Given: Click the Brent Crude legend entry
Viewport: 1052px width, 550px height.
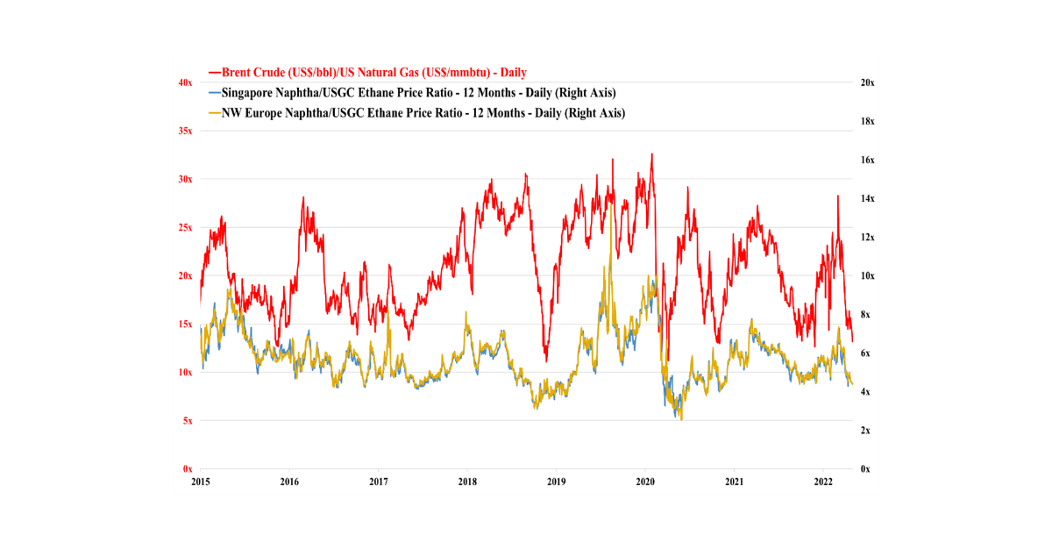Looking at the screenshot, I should [373, 72].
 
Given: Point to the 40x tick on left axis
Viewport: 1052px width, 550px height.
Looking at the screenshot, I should [185, 82].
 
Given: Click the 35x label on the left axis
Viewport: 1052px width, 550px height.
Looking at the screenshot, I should [185, 131].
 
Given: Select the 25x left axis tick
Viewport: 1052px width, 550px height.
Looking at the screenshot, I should [185, 227].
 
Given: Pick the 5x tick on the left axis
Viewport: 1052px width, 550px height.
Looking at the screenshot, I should [187, 420].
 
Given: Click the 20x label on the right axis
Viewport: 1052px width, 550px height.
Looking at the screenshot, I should [866, 82].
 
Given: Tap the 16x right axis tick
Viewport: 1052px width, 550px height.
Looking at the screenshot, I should [866, 160].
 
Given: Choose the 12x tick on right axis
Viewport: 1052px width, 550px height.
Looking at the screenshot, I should [866, 237].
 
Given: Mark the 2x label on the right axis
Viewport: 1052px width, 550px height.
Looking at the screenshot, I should [864, 430].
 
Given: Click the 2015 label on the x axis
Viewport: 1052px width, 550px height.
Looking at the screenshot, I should [200, 482].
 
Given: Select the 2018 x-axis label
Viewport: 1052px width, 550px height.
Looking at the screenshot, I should [467, 482].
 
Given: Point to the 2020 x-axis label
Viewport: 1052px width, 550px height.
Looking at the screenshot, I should [645, 482].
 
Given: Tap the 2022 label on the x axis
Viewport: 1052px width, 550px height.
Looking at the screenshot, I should [823, 482].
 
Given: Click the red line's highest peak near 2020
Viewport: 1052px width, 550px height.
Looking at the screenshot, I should [651, 154].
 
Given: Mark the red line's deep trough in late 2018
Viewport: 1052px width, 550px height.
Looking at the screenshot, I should [546, 360].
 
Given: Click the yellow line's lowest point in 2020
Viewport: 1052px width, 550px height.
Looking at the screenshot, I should [681, 419].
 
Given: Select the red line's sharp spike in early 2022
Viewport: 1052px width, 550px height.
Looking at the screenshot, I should [837, 196].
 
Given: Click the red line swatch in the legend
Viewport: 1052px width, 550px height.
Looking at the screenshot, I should [214, 72].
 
